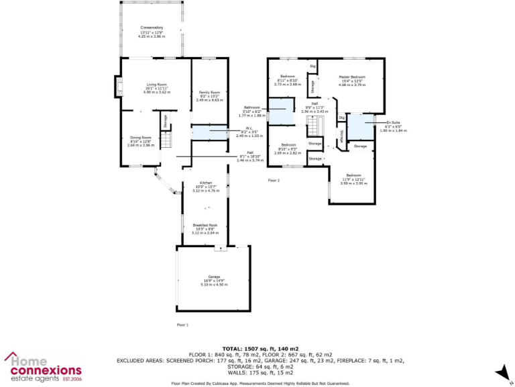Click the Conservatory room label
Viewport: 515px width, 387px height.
[x=151, y=31]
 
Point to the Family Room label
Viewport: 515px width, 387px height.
[x=209, y=96]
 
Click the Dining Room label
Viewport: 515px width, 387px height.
[x=141, y=141]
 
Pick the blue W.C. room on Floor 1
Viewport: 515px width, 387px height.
[x=209, y=133]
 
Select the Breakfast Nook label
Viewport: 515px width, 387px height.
[x=205, y=229]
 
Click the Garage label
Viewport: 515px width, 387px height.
[x=214, y=280]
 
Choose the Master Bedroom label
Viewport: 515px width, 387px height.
[x=352, y=81]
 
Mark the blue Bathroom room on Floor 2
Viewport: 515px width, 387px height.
[x=280, y=112]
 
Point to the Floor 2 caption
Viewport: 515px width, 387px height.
[x=274, y=181]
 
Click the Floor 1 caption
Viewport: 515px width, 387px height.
[x=182, y=325]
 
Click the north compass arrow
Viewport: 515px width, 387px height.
[x=500, y=372]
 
